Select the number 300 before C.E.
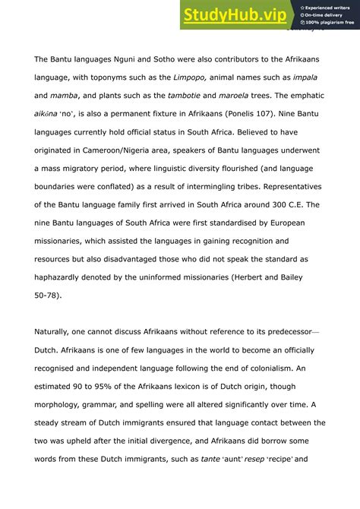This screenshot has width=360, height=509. (x=268, y=204)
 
